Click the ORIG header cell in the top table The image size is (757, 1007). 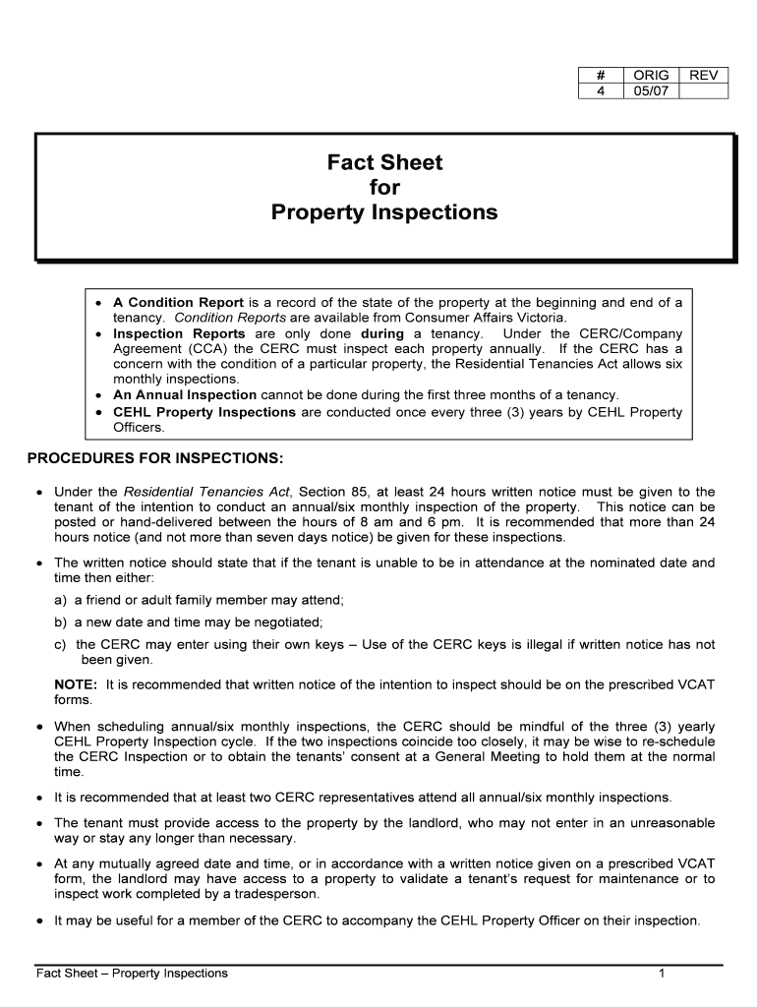click(651, 75)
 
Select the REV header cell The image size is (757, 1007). click(703, 75)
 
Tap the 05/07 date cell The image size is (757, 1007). click(651, 91)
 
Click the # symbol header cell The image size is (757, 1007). click(600, 75)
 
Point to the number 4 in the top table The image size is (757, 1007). click(600, 91)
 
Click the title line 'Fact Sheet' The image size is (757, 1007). click(384, 162)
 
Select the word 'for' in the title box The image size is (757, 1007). click(384, 187)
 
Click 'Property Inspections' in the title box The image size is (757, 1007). click(384, 212)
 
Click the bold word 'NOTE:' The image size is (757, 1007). click(76, 684)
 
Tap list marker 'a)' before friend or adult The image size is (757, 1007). click(61, 600)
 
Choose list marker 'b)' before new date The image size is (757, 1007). click(61, 622)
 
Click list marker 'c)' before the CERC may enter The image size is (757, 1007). click(61, 644)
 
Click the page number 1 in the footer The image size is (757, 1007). click(663, 974)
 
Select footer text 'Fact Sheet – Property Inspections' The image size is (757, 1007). click(132, 974)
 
